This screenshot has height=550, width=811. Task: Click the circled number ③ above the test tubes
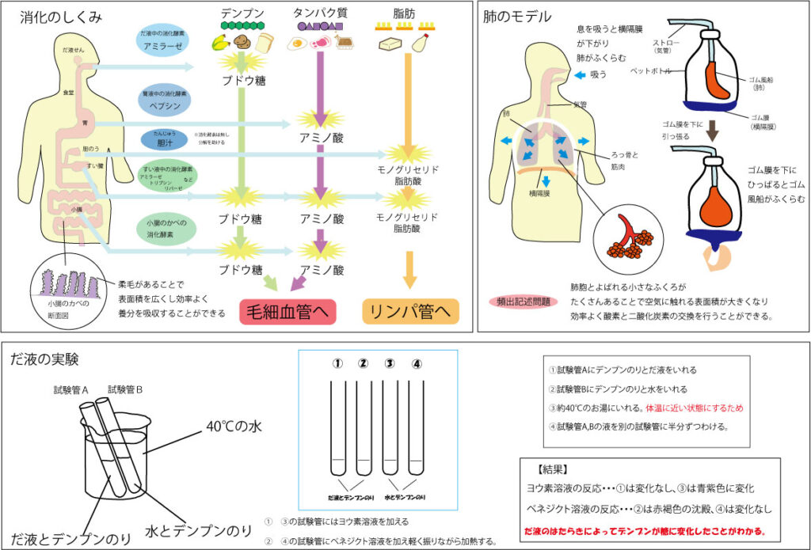point(389,364)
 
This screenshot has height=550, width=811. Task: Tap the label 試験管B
point(125,389)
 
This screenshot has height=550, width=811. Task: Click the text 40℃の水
point(234,427)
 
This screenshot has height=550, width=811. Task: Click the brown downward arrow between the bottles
point(712,129)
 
